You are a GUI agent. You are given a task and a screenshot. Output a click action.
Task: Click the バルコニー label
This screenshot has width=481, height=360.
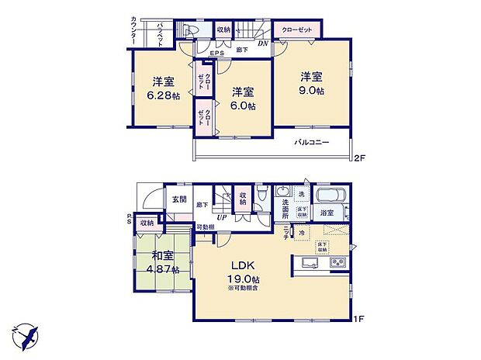[x=313, y=143]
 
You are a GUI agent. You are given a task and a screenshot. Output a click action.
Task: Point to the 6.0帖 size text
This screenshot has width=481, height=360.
[x=242, y=106]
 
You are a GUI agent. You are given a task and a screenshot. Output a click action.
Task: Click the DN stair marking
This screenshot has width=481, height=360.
[x=262, y=44]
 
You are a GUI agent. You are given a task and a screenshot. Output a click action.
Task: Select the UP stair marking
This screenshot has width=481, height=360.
[x=223, y=218]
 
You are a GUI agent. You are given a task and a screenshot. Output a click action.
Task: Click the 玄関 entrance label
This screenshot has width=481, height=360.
[x=179, y=199]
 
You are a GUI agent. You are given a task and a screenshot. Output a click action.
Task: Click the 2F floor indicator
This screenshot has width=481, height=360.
[x=358, y=159]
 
